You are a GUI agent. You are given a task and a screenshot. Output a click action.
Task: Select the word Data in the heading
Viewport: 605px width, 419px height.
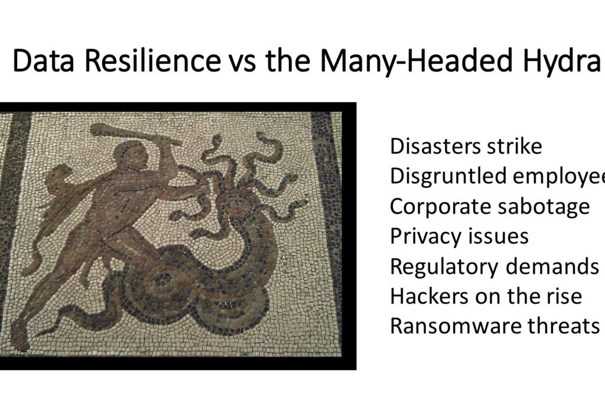(x=43, y=60)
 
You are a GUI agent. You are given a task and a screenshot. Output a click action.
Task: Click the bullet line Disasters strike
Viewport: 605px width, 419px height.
(x=466, y=146)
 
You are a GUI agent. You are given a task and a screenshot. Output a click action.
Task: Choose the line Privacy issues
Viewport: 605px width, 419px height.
(x=459, y=237)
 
